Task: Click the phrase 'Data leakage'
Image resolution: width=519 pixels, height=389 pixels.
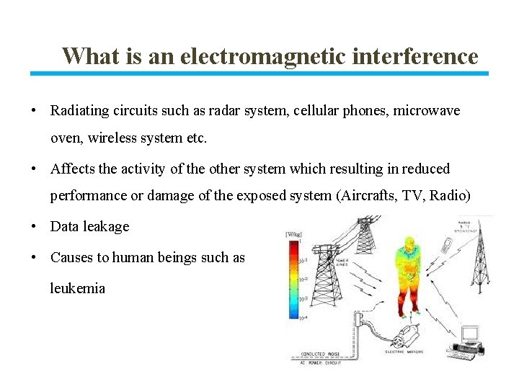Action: [x=89, y=226]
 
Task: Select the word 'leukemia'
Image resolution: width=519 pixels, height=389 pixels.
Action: [x=77, y=288]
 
